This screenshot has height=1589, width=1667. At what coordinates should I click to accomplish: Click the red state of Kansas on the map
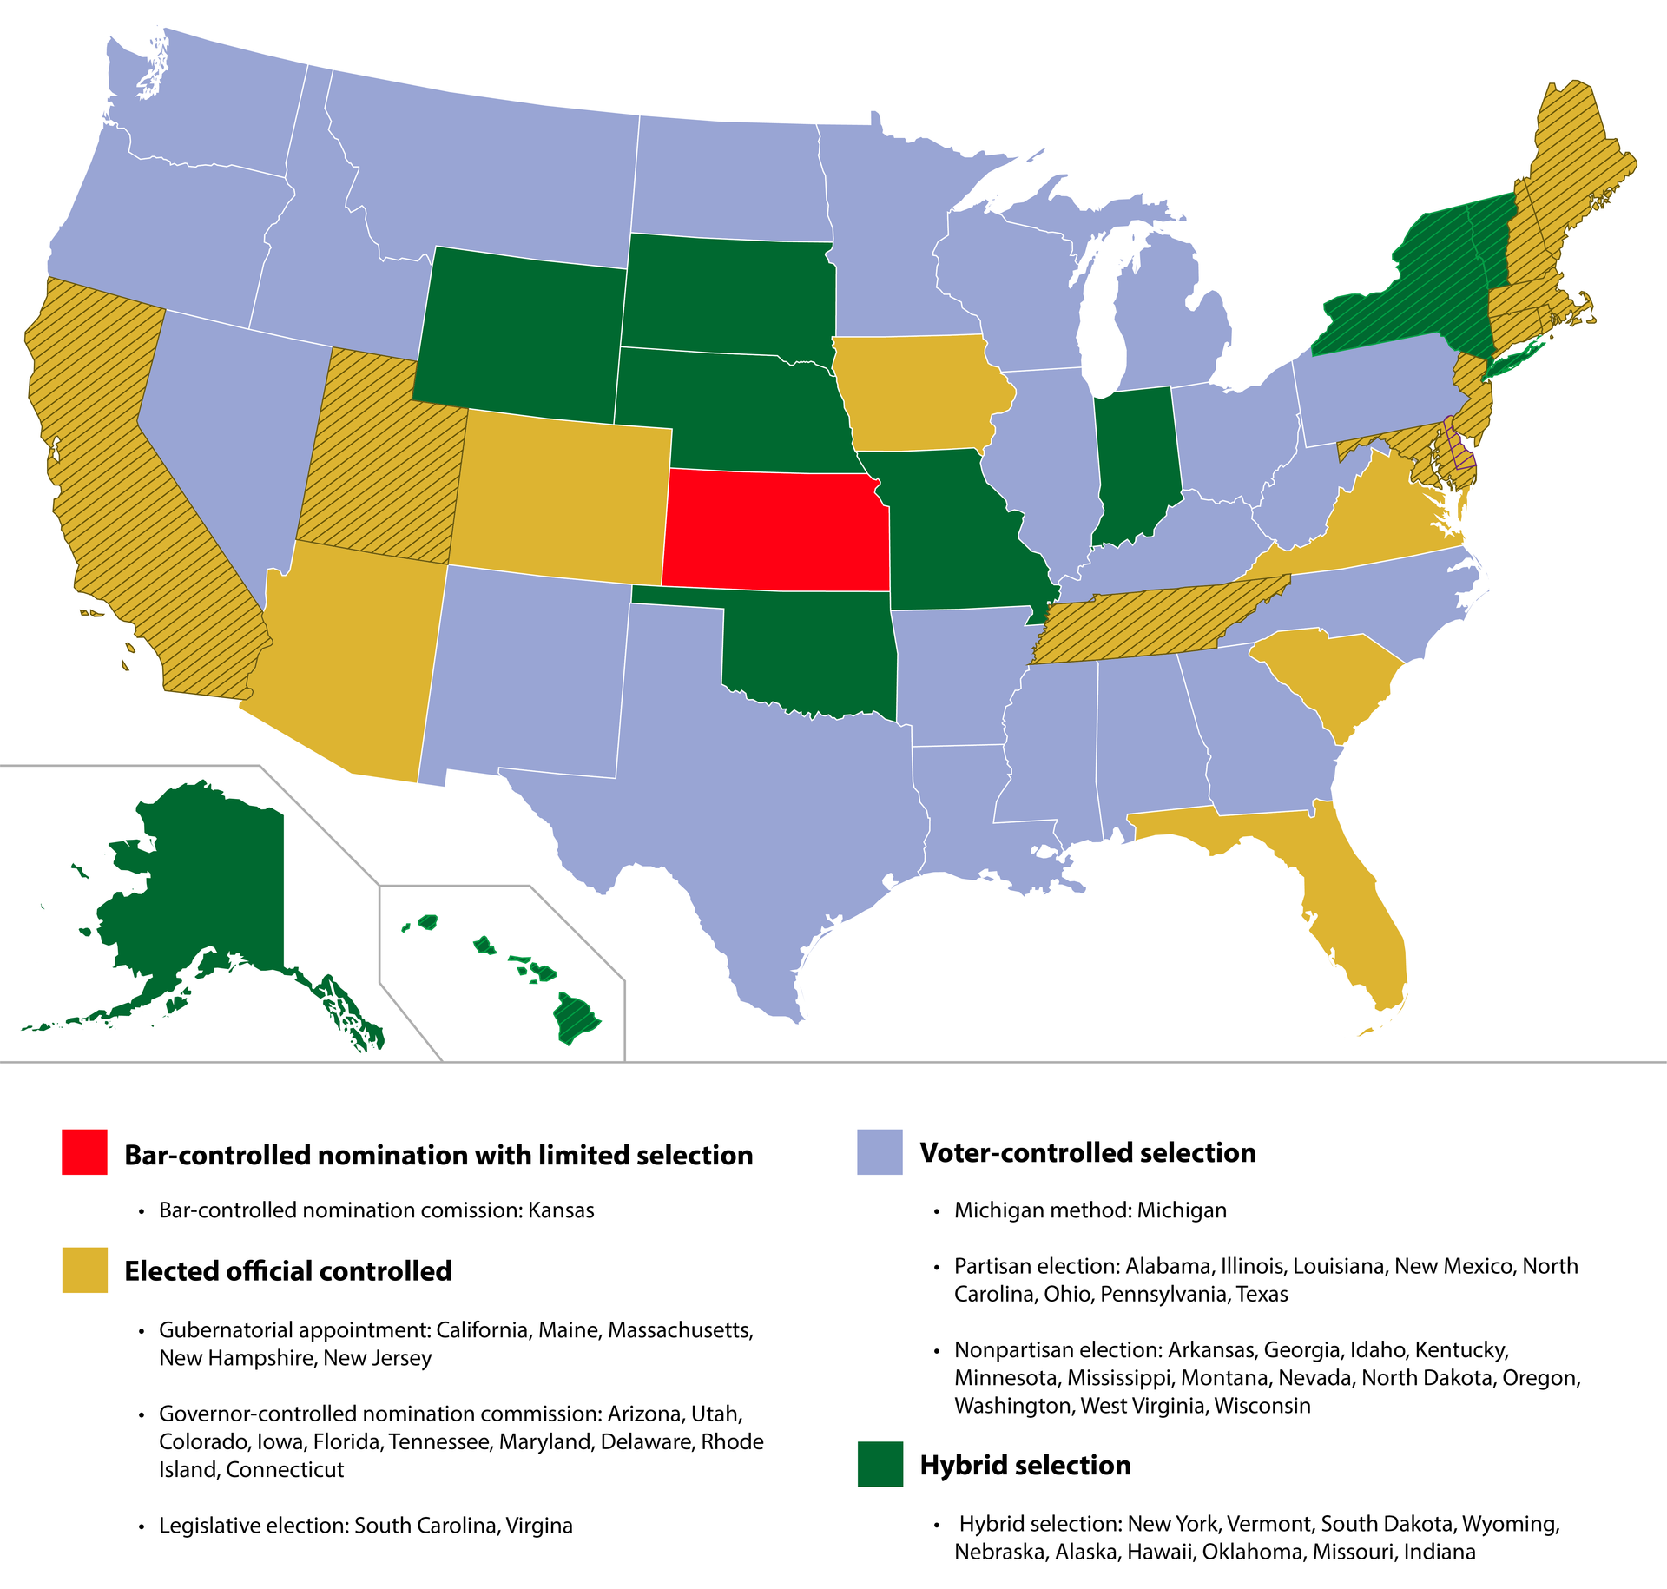pos(775,530)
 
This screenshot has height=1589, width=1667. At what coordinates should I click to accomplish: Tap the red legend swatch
pos(84,1152)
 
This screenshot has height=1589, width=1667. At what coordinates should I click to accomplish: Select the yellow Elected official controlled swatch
pos(84,1269)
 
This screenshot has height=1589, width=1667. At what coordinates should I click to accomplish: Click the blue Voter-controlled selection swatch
pos(880,1152)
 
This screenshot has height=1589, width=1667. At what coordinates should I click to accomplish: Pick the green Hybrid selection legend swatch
pos(880,1464)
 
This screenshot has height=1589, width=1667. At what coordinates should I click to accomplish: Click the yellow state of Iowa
pos(916,391)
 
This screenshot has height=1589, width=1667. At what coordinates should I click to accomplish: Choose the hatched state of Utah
pos(382,460)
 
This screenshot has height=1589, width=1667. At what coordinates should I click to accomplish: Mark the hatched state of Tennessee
pos(1155,621)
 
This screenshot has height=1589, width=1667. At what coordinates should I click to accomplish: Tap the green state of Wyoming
pos(521,330)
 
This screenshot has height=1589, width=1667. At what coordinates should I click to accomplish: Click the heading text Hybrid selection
pos(1025,1465)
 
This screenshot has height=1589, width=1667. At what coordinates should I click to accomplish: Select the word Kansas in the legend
pos(561,1210)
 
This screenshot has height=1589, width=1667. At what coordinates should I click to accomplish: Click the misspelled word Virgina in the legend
pos(539,1526)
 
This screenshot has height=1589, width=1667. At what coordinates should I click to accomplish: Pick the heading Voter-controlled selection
pos(1088,1152)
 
